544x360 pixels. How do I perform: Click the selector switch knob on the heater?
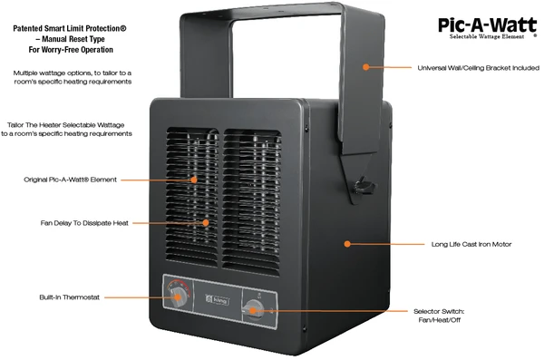255,309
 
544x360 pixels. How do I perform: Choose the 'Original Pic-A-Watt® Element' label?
70,180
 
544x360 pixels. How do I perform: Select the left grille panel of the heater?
191,194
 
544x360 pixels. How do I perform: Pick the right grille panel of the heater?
251,194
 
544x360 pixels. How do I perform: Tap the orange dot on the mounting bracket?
365,66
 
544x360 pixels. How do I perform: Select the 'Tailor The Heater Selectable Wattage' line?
70,122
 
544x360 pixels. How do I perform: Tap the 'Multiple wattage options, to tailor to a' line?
71,72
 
